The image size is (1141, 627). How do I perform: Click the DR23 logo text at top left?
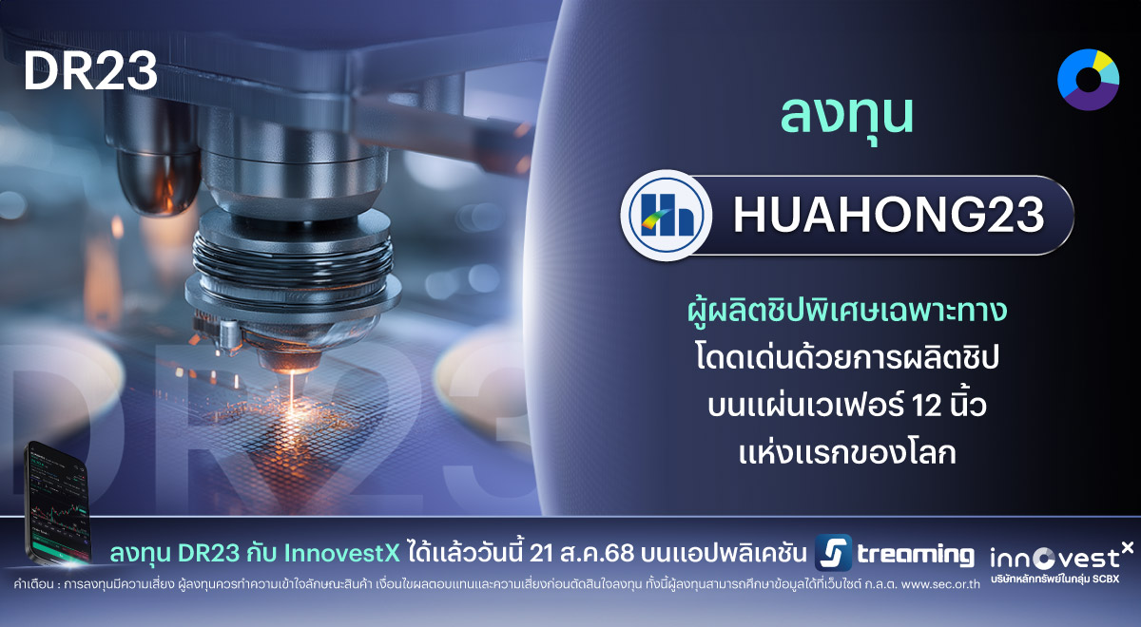pos(90,71)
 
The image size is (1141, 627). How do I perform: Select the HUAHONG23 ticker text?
pos(888,216)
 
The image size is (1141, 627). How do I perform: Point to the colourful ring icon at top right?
pos(1088,76)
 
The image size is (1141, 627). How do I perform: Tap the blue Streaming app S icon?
pos(833,554)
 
